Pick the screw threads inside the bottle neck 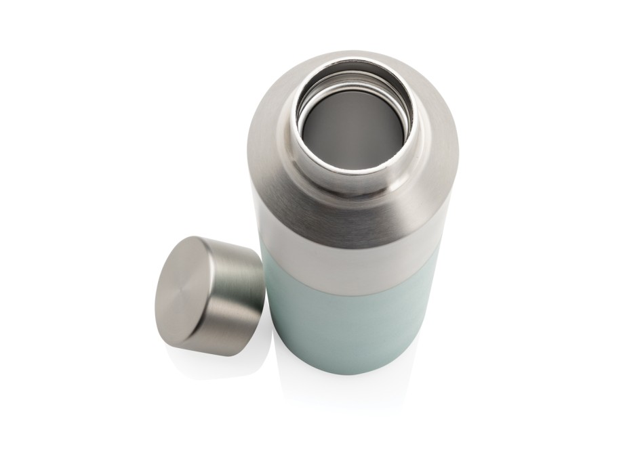(353, 81)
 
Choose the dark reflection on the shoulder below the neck (353, 217)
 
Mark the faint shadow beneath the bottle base (346, 386)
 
